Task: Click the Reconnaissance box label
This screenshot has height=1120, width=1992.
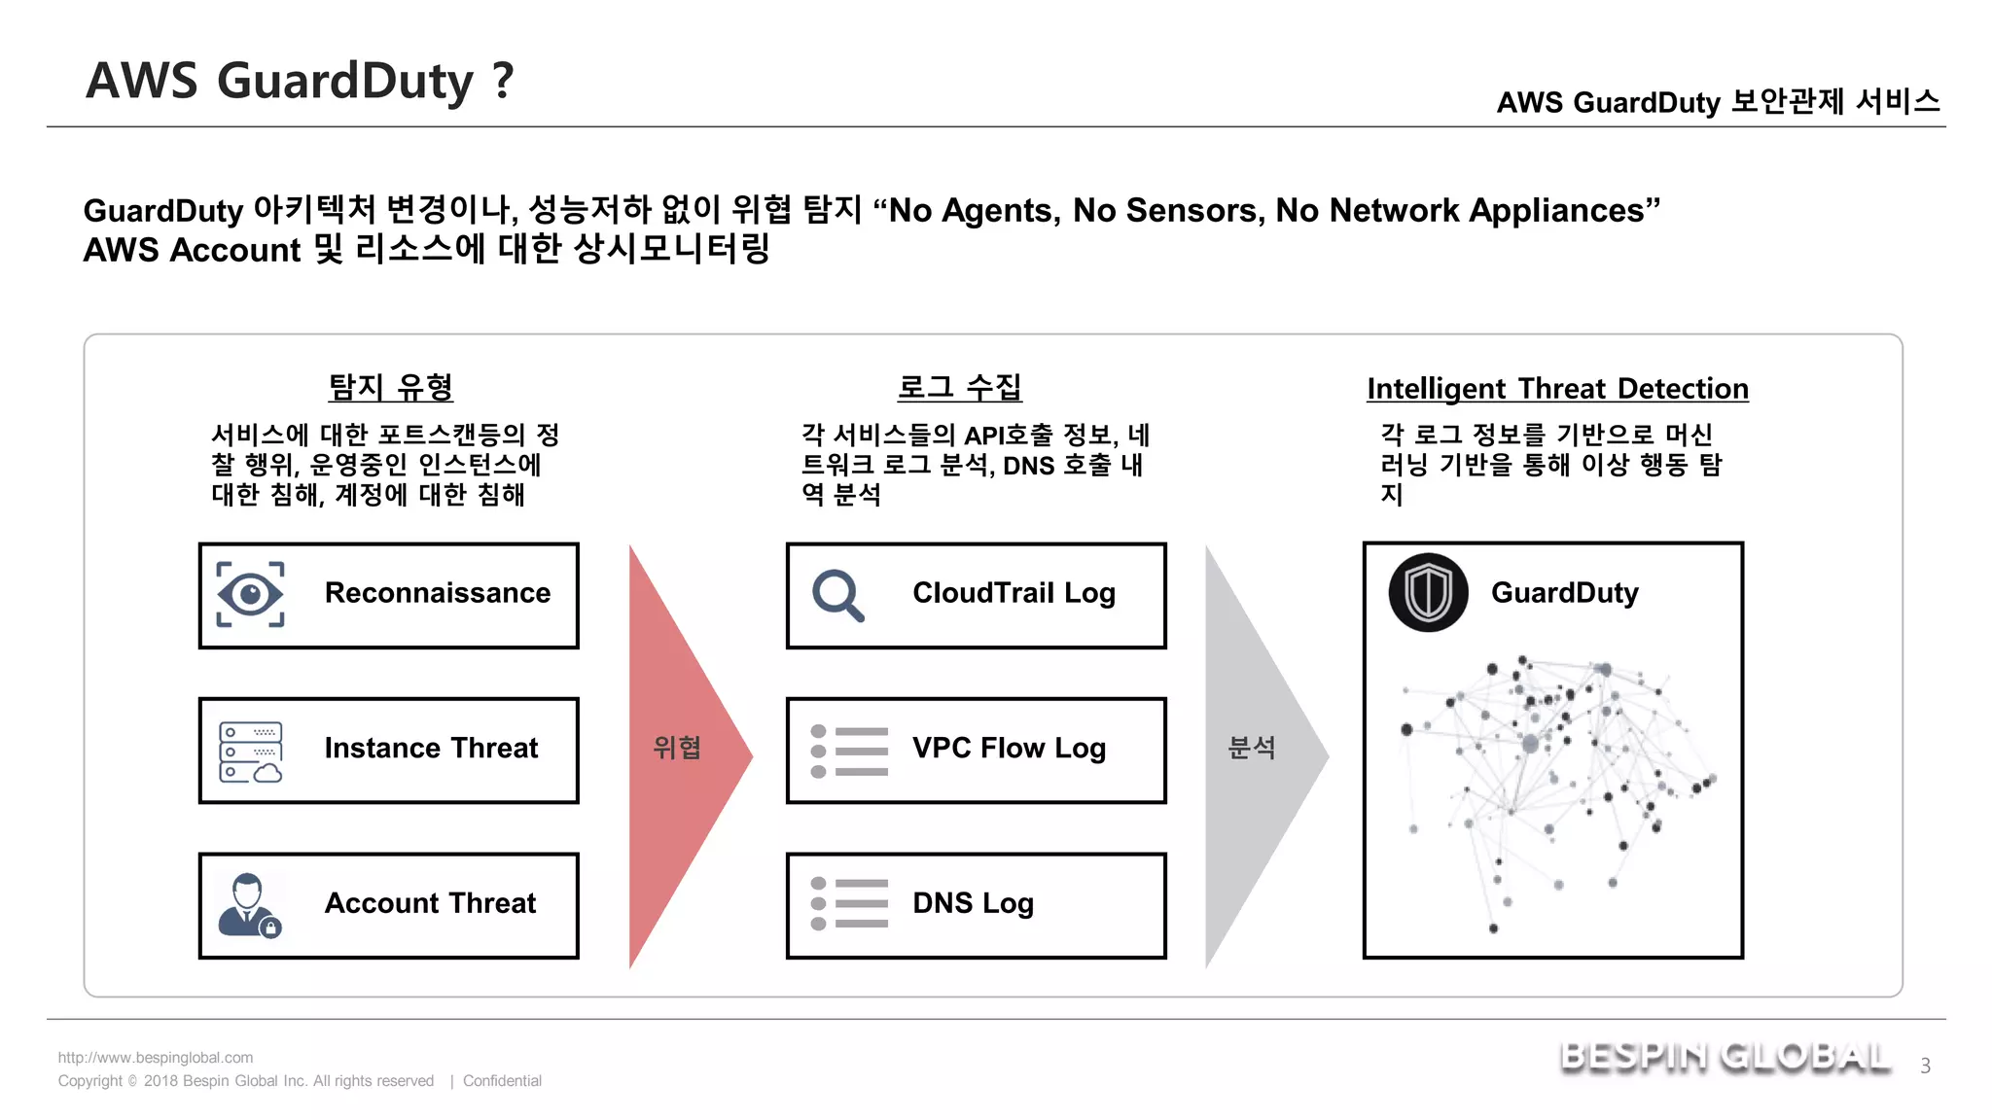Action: (x=437, y=593)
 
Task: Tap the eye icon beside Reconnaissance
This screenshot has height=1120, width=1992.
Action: (x=250, y=594)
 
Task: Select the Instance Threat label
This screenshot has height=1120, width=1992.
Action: (x=431, y=748)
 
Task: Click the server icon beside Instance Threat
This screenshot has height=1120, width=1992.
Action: (x=250, y=752)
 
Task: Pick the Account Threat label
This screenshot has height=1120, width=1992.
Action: (x=430, y=903)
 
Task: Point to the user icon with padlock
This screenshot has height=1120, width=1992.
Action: (x=249, y=905)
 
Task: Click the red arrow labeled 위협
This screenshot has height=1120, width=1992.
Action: (x=678, y=749)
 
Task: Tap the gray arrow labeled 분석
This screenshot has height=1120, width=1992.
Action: (x=1253, y=749)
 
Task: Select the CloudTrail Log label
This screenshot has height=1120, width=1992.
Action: (x=1014, y=593)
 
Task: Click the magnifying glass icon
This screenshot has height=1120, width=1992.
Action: (x=837, y=595)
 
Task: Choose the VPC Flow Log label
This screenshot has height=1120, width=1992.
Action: (x=1009, y=749)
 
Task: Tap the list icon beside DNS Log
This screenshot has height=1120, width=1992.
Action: (x=849, y=903)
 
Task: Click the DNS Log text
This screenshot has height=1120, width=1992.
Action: (x=973, y=903)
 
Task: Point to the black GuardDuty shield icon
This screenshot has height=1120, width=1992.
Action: (x=1428, y=593)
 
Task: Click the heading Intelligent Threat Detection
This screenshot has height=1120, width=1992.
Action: (x=1557, y=388)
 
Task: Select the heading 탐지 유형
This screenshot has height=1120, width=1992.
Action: (x=391, y=387)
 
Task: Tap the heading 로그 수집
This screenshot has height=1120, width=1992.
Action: (x=959, y=387)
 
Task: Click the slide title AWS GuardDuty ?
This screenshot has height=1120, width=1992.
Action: (x=300, y=81)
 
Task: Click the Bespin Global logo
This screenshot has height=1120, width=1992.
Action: (x=1725, y=1058)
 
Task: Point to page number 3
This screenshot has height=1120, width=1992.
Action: (x=1925, y=1066)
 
